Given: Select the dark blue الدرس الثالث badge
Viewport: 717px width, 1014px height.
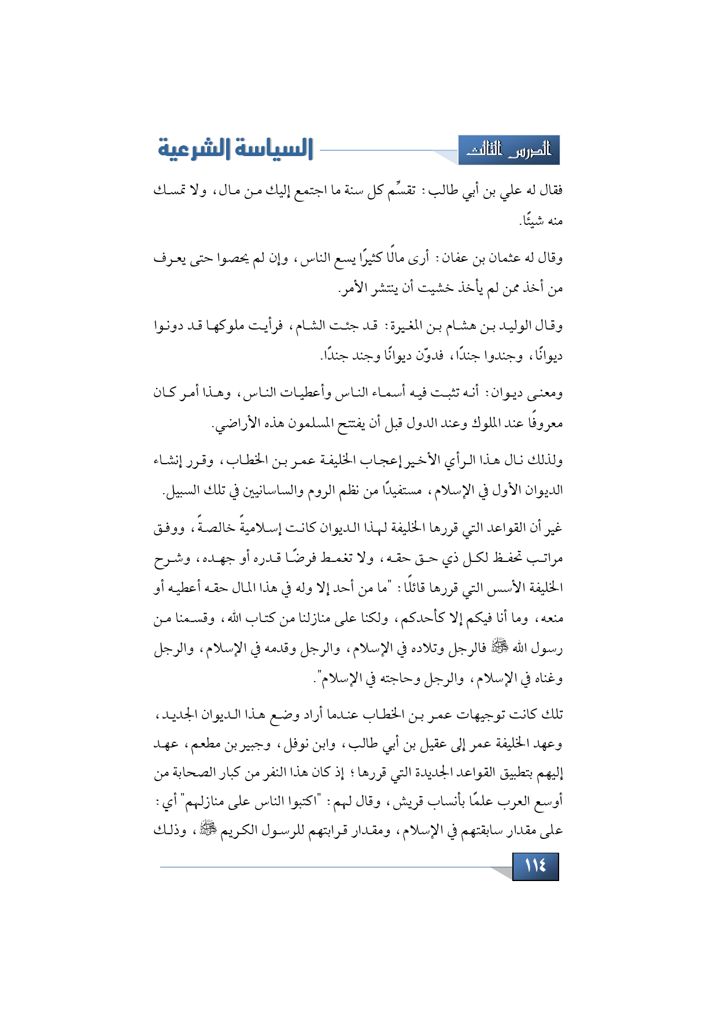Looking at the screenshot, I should [x=509, y=150].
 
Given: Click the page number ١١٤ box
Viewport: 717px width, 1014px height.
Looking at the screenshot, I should [x=535, y=866].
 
